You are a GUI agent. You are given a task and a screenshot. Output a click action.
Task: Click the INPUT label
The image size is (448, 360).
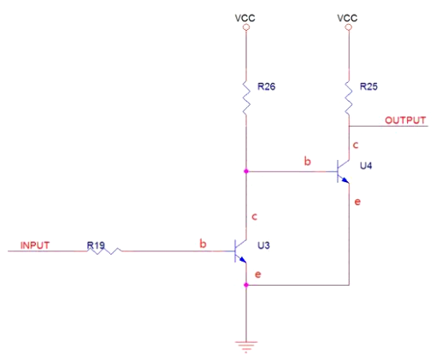pos(34,245)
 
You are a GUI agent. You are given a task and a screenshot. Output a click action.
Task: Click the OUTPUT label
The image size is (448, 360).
pos(404,121)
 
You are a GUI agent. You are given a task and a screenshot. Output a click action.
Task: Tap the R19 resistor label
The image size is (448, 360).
pos(97,245)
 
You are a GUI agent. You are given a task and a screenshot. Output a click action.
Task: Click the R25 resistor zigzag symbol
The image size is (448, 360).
pos(349,95)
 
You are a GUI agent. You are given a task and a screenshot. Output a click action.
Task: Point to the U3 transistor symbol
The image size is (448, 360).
pos(240,251)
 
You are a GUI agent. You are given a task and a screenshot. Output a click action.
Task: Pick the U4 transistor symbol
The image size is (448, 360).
pos(344,172)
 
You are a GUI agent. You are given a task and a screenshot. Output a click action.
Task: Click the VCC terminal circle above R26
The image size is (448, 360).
pos(246,27)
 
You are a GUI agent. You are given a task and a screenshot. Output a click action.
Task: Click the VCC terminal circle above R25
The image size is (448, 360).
pos(349,27)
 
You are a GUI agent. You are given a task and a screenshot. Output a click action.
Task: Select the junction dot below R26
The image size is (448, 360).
pos(246,171)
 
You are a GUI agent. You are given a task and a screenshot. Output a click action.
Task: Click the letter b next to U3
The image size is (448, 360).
pos(203,245)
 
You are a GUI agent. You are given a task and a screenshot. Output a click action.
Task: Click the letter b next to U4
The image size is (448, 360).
pos(306,160)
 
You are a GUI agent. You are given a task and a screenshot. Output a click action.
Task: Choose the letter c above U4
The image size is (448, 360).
pos(356,145)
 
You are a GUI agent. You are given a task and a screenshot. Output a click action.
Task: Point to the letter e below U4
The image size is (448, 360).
pos(357,202)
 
